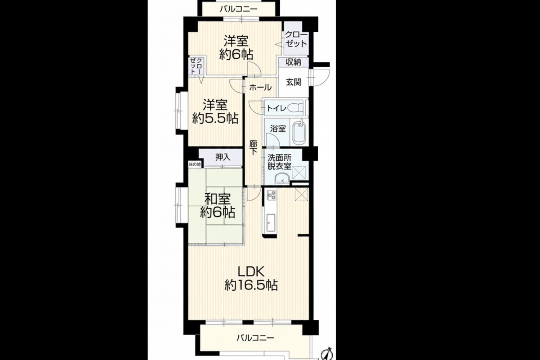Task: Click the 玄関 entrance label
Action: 294,82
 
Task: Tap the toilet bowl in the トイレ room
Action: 296,107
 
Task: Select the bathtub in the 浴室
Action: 299,132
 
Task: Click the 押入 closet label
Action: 223,157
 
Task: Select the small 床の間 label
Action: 195,165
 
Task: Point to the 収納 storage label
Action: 293,62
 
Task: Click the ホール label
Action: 260,87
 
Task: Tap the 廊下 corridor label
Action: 253,148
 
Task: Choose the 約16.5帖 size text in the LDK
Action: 251,285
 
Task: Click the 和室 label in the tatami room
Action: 217,199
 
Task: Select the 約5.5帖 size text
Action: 215,118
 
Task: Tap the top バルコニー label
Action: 239,9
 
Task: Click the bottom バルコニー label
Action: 255,338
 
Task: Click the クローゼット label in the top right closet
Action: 296,39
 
